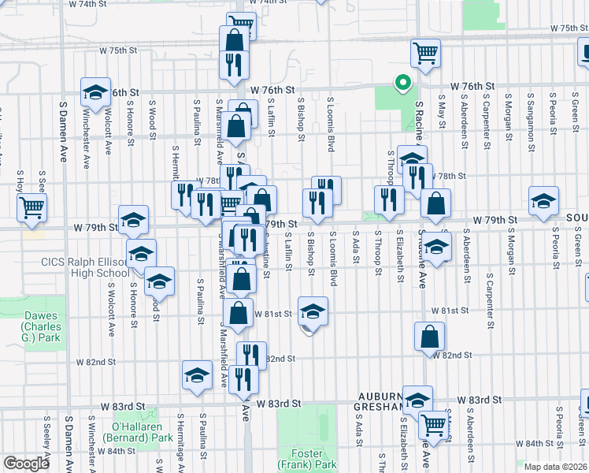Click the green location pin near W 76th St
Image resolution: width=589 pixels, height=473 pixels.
(402, 82)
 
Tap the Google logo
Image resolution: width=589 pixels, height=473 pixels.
(26, 463)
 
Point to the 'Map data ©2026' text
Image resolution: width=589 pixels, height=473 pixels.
(555, 467)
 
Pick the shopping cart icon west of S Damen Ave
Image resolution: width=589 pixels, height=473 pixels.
(32, 207)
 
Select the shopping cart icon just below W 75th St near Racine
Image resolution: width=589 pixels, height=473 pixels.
(425, 53)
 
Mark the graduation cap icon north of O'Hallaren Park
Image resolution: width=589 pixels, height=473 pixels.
(197, 374)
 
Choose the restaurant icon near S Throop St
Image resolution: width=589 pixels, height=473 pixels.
(389, 199)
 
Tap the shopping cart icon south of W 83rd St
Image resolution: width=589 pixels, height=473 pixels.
(433, 425)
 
